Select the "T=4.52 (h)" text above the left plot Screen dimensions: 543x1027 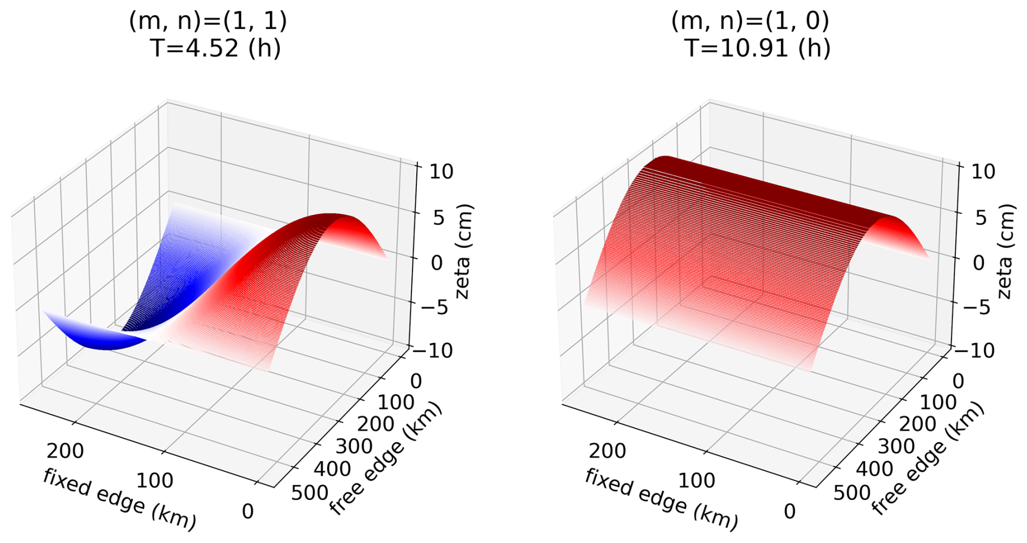coord(215,48)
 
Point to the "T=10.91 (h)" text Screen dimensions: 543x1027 coord(758,48)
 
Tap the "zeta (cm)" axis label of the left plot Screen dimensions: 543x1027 coord(464,251)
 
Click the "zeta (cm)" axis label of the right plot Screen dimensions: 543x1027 coord(1006,251)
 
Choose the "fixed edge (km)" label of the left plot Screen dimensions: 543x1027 coord(119,499)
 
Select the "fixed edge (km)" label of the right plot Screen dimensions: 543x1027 coord(662,499)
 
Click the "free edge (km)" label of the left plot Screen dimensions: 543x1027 coord(386,459)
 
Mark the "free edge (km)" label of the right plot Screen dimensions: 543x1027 coord(928,459)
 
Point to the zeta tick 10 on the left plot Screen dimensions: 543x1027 coord(441,172)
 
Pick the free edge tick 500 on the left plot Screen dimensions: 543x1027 coord(309,493)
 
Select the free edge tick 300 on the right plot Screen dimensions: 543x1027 coord(896,446)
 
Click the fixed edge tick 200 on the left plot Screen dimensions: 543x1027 coord(65,451)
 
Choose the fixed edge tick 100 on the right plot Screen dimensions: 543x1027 coord(696,481)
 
